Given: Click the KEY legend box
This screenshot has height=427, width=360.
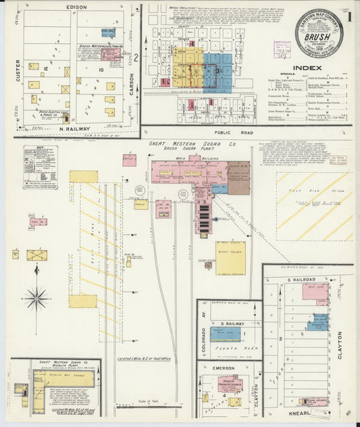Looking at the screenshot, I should pyautogui.click(x=41, y=166).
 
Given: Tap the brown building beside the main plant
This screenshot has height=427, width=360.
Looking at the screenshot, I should pyautogui.click(x=238, y=178).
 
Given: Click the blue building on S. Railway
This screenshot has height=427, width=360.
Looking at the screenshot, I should pyautogui.click(x=225, y=334).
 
